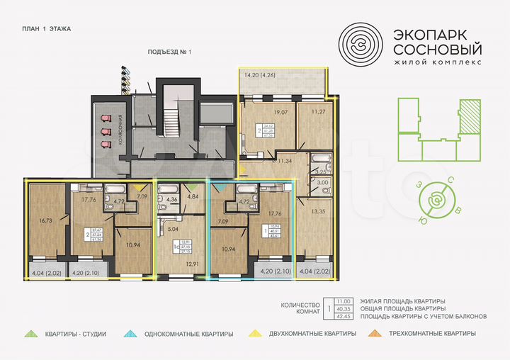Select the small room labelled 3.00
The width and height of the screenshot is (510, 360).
(322, 183)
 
